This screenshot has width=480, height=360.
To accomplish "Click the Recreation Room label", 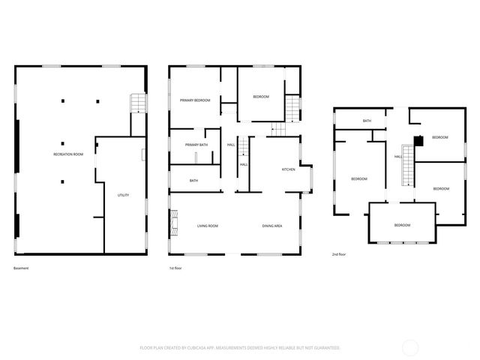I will click(67, 154).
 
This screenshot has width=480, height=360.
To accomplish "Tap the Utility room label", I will click(123, 196).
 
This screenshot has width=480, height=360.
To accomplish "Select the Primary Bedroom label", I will click(194, 100).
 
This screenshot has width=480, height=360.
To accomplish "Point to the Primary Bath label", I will click(196, 145).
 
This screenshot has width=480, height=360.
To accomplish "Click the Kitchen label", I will click(289, 169).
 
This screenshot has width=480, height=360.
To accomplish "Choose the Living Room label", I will click(207, 226).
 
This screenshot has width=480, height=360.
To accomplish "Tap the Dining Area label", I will click(272, 226).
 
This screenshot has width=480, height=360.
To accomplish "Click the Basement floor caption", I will click(21, 268).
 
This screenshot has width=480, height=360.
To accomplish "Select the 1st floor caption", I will click(175, 268).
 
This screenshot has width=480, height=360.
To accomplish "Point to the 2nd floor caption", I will click(339, 254).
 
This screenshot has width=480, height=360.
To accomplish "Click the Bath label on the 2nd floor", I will click(367, 121).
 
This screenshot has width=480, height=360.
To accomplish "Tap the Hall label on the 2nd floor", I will click(398, 157).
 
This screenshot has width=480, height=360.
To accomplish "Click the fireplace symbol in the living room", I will click(175, 221).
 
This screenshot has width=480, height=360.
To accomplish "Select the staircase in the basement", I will click(137, 103).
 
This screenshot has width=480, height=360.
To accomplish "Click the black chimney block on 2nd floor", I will click(418, 138).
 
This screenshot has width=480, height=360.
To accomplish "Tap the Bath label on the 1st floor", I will click(193, 181).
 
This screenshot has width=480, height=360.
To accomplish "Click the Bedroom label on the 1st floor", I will click(260, 97).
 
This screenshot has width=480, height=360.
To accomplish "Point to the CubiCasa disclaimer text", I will click(240, 348).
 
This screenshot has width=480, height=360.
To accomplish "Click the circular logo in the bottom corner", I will click(412, 347).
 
